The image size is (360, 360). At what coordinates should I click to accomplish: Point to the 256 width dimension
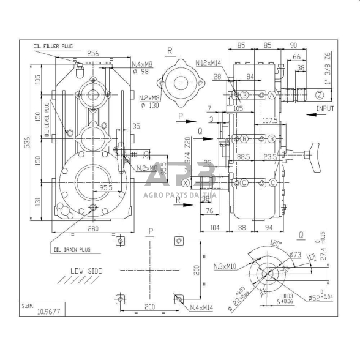click(x=93, y=53)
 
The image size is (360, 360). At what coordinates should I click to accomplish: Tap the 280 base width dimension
click(x=93, y=228)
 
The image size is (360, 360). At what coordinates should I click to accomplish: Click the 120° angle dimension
click(x=276, y=244)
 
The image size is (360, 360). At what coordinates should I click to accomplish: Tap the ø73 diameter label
click(x=294, y=253)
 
